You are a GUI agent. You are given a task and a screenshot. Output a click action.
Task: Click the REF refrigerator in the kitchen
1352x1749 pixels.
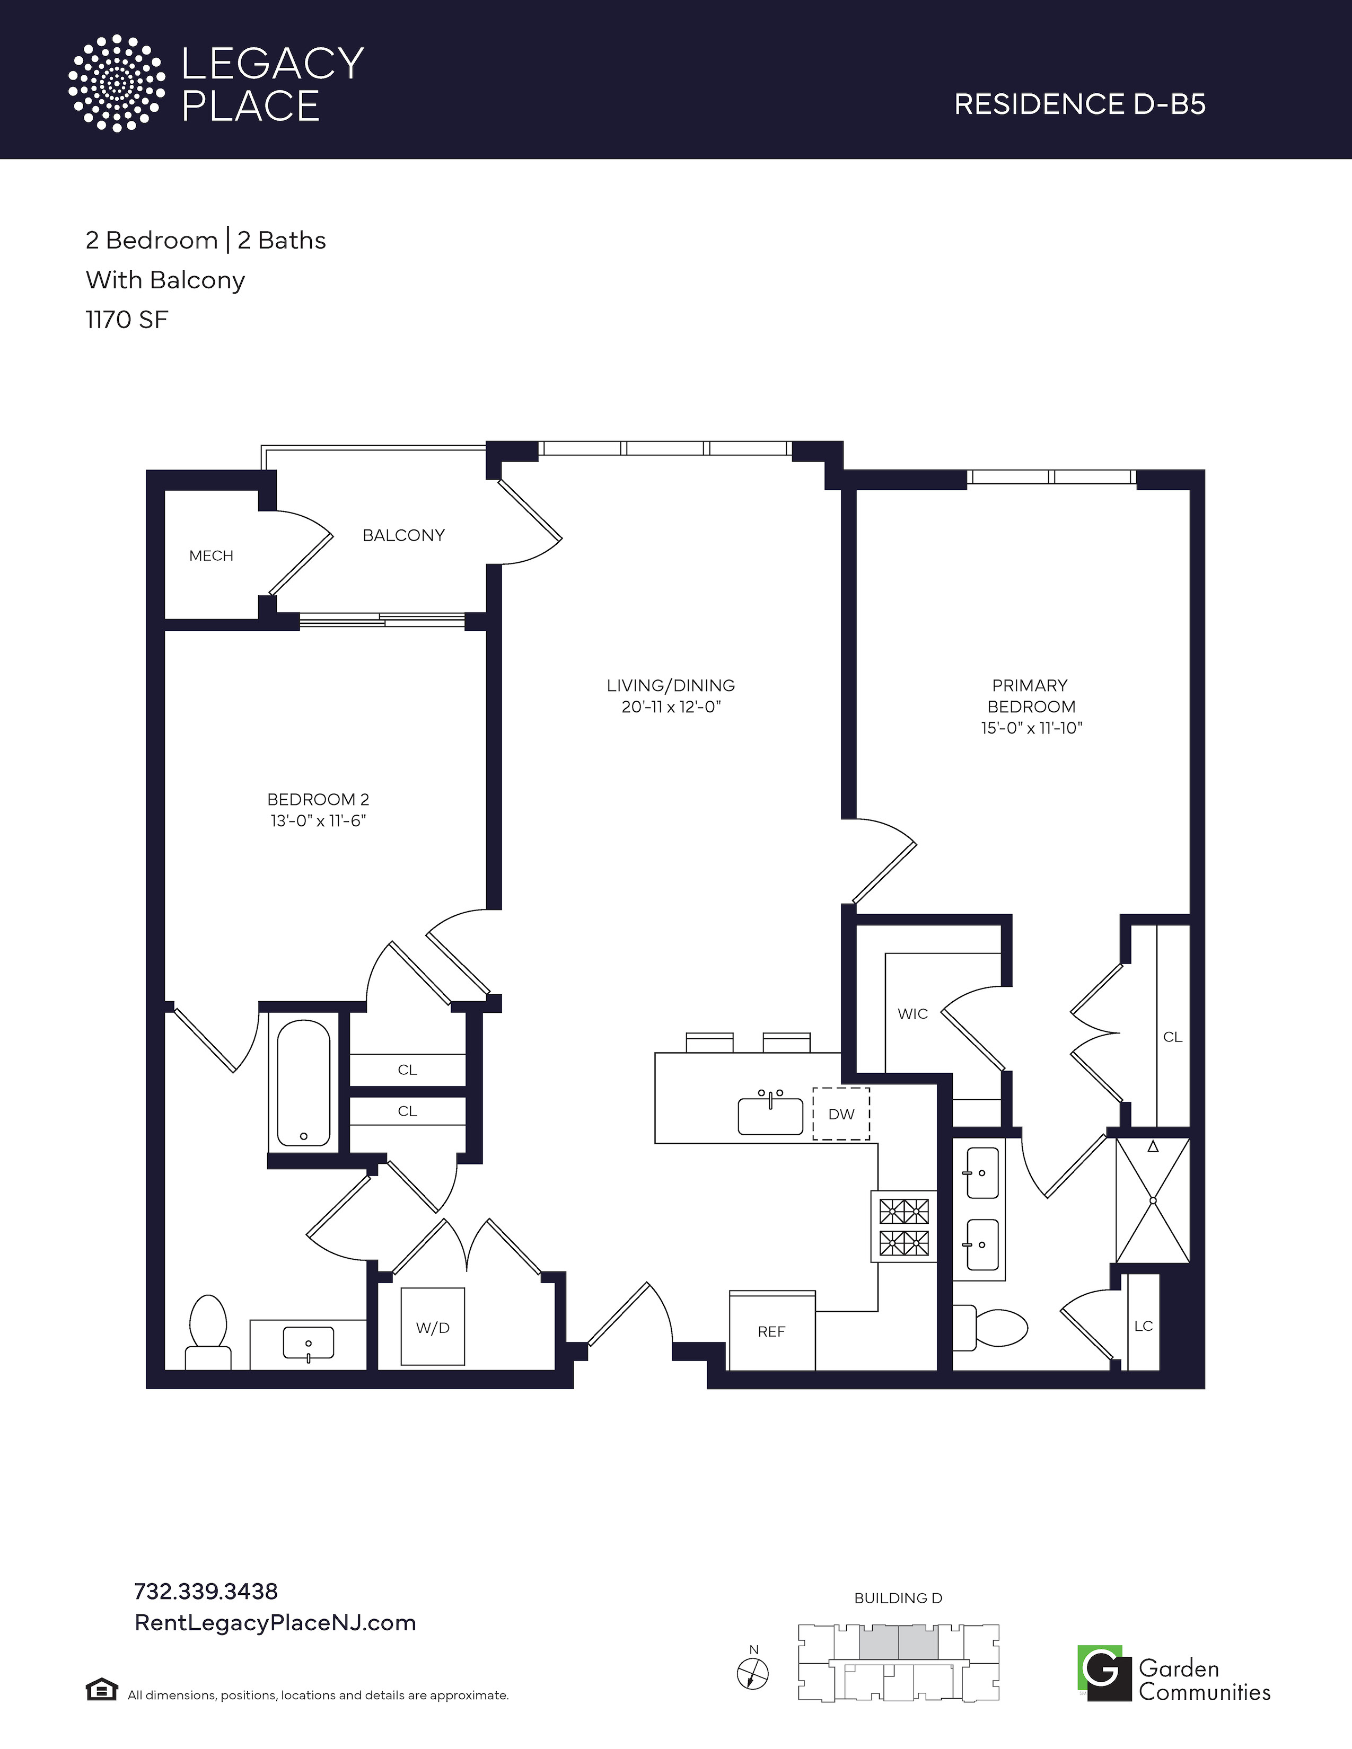coord(771,1330)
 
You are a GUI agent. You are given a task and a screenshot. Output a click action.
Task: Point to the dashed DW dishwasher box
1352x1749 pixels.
coord(841,1113)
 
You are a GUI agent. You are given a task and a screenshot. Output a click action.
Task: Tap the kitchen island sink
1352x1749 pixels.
coord(770,1115)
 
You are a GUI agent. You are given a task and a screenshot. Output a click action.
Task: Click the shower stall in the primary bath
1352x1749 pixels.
coord(1153,1200)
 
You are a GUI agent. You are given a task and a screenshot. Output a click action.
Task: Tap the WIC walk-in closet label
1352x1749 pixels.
coord(913,1014)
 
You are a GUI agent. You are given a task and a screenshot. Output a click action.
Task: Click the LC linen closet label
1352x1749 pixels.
coord(1144,1326)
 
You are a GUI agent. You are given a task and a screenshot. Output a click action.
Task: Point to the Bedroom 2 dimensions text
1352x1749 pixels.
coord(318,821)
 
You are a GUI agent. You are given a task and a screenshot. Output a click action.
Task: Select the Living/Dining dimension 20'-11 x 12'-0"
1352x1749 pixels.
coord(671,707)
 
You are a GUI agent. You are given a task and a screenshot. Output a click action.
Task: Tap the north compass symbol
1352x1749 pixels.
coord(752,1672)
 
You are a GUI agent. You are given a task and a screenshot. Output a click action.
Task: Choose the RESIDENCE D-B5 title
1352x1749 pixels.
coord(1079,104)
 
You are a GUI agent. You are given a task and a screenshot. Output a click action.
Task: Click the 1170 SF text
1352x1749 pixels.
coord(127,320)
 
